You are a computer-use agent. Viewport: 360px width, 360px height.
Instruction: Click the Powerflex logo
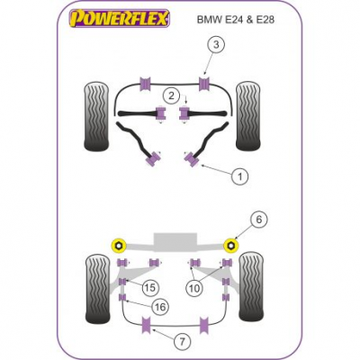pyautogui.click(x=120, y=19)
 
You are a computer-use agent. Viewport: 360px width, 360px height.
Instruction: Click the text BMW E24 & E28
pyautogui.click(x=236, y=20)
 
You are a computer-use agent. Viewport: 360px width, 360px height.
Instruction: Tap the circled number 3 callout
pyautogui.click(x=216, y=45)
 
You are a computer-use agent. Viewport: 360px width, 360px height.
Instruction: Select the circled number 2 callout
pyautogui.click(x=171, y=96)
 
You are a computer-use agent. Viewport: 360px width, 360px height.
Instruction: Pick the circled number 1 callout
pyautogui.click(x=240, y=176)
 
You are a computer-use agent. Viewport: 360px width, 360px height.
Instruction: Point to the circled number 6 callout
pyautogui.click(x=258, y=220)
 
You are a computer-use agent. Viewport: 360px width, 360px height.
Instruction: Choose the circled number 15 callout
pyautogui.click(x=150, y=288)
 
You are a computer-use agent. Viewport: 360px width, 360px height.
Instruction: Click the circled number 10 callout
pyautogui.click(x=194, y=289)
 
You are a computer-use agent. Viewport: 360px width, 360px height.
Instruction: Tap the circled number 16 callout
pyautogui.click(x=159, y=307)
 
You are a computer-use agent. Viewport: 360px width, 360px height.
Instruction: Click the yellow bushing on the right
pyautogui.click(x=232, y=246)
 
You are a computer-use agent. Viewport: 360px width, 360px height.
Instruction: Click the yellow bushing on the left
pyautogui.click(x=119, y=246)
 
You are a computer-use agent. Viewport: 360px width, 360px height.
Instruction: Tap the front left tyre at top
pyautogui.click(x=96, y=116)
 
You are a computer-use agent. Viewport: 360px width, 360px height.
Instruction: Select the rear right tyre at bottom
pyautogui.click(x=252, y=286)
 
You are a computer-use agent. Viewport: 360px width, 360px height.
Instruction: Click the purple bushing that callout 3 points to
pyautogui.click(x=204, y=84)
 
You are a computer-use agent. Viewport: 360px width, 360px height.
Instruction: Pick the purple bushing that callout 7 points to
pyautogui.click(x=147, y=325)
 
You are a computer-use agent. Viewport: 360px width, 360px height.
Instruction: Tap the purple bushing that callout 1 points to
pyautogui.click(x=192, y=158)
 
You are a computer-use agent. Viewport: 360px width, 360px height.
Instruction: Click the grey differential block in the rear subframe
pyautogui.click(x=175, y=242)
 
